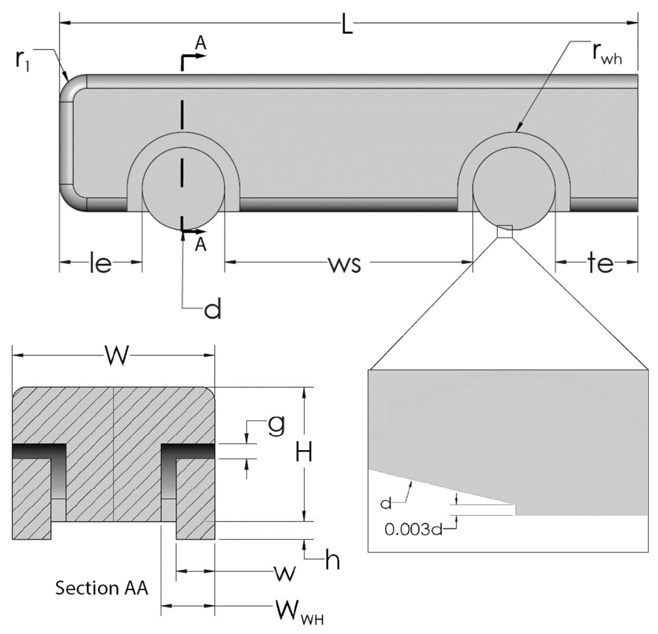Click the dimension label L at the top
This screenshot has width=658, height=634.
point(347,24)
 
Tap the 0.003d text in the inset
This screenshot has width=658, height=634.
point(413,530)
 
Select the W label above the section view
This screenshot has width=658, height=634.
point(117,356)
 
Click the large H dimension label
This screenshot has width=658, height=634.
point(303,452)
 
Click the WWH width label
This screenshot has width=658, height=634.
point(298,609)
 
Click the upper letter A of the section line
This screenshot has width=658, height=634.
point(201,43)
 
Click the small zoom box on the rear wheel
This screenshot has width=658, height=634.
point(505,231)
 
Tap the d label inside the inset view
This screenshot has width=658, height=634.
point(386,503)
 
